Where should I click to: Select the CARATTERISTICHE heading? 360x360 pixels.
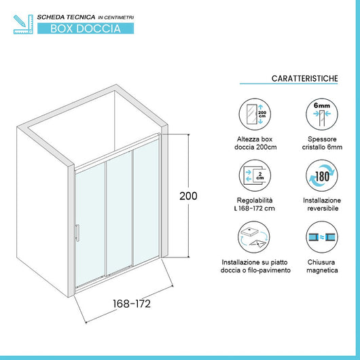304,79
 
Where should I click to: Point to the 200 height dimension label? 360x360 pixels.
188,196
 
